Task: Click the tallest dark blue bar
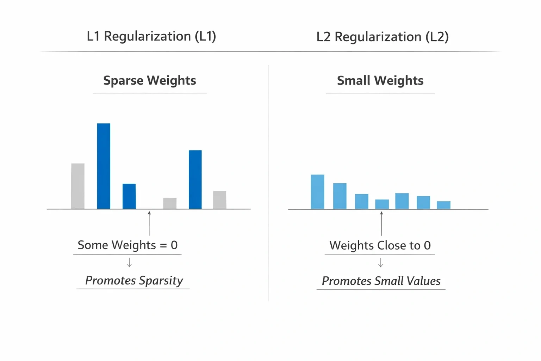(104, 166)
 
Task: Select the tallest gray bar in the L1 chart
(78, 186)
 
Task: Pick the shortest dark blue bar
(129, 196)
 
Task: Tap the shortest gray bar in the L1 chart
(170, 203)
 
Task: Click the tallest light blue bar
(318, 192)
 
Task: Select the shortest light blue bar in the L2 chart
(444, 205)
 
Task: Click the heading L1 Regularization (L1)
(151, 37)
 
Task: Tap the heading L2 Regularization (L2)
(383, 37)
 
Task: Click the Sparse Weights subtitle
(149, 80)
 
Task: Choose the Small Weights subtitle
(380, 81)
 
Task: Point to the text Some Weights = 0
(128, 245)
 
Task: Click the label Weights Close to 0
(380, 245)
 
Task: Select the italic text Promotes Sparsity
(134, 281)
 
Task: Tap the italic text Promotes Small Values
(381, 281)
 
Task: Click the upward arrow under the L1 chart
(149, 224)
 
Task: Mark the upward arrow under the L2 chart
(381, 224)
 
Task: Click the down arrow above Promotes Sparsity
(130, 262)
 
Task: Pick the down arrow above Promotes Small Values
(381, 262)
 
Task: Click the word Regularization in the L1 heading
(147, 37)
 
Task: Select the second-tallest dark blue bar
(195, 180)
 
